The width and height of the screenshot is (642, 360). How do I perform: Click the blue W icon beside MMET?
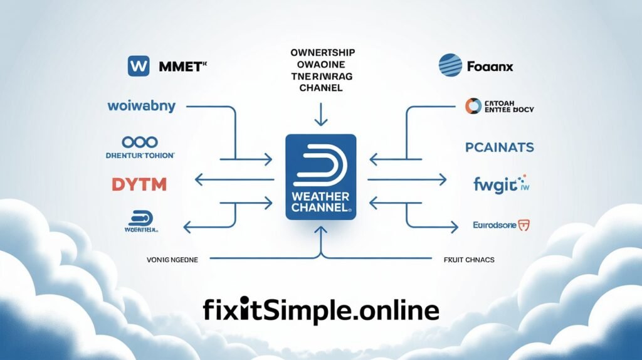(137, 66)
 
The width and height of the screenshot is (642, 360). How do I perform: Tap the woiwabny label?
(142, 107)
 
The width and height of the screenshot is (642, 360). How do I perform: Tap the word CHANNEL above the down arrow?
(320, 88)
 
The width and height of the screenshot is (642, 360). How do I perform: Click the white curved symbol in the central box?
(321, 161)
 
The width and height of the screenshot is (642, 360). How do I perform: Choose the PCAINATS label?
(499, 147)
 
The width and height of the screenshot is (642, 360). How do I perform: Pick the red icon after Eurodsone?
(525, 225)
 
